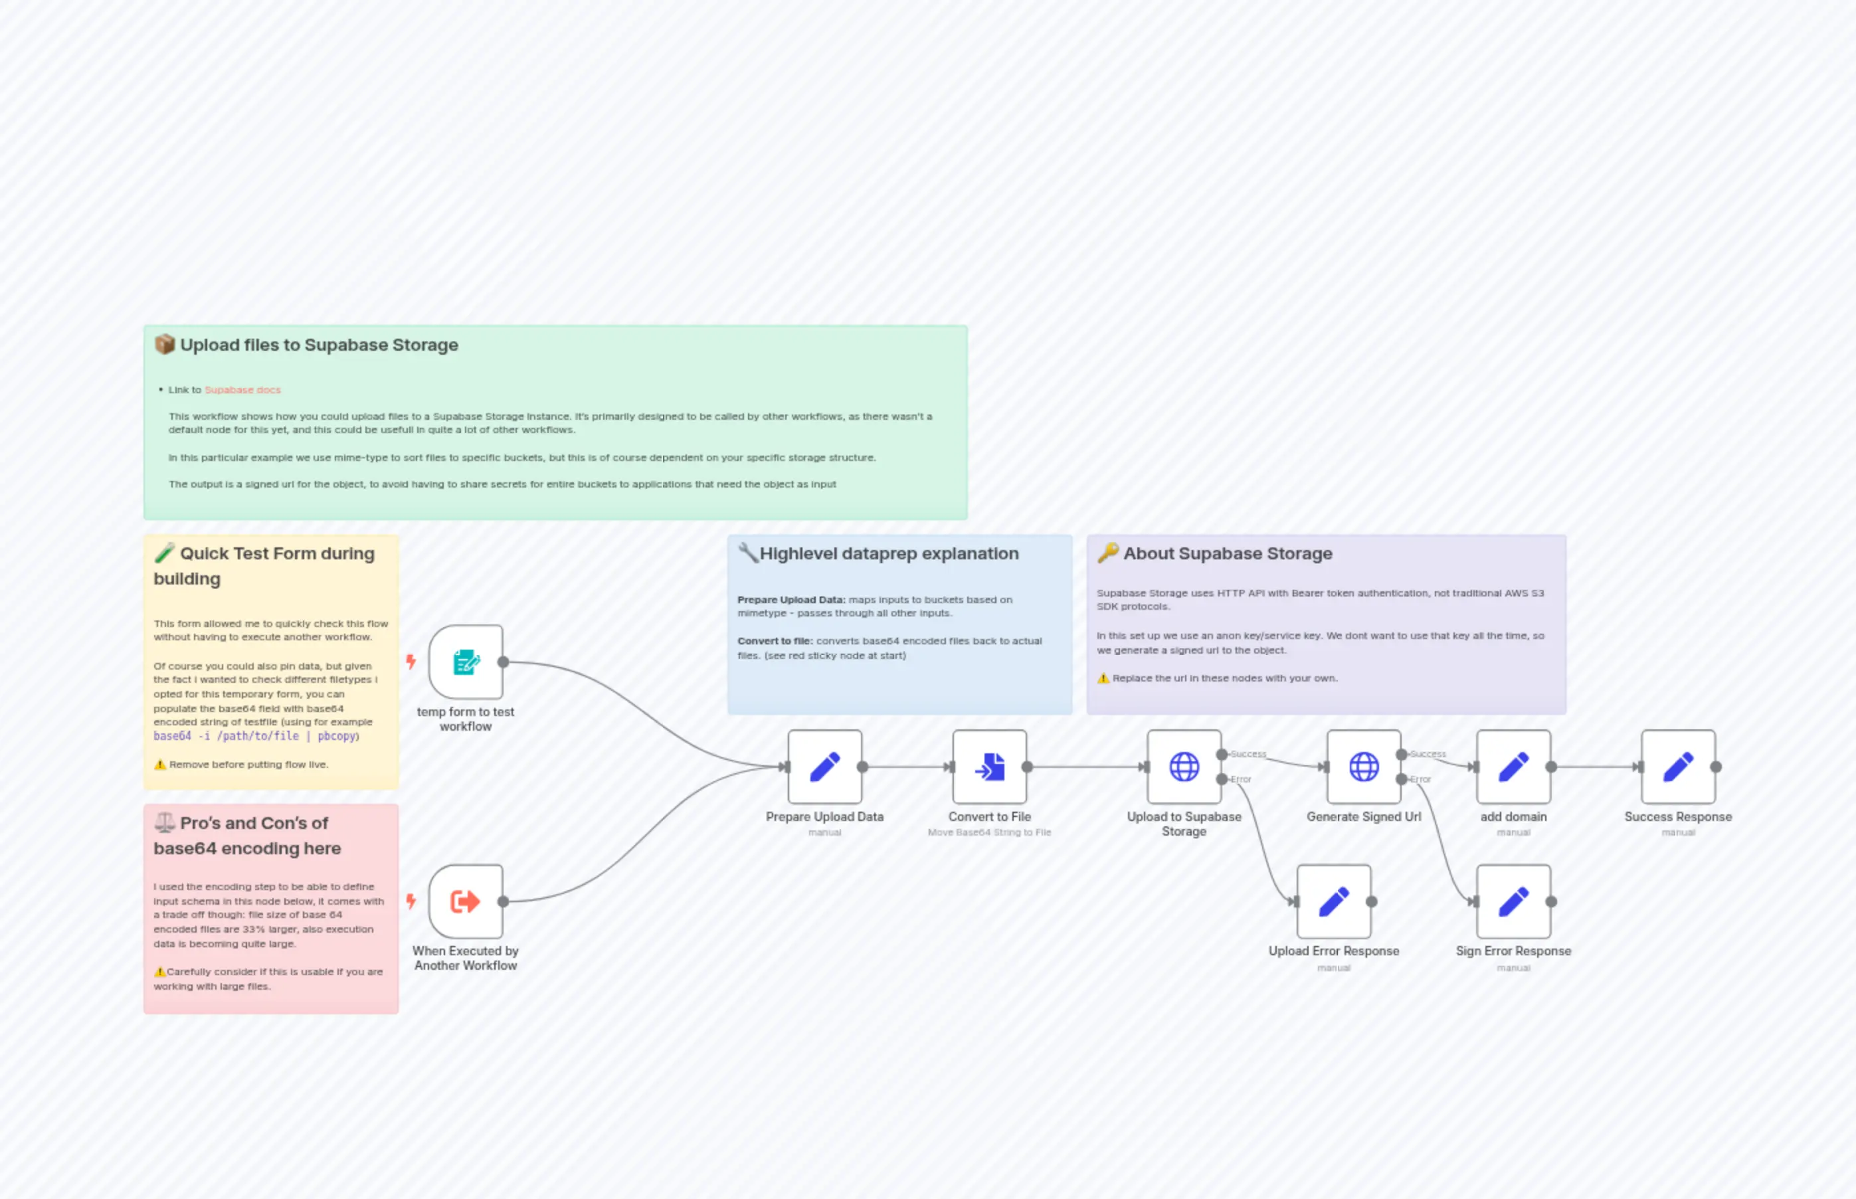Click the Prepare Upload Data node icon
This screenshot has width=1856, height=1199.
[824, 767]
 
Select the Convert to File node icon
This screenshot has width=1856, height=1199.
[990, 767]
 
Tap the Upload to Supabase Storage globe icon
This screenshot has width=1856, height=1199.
[1184, 767]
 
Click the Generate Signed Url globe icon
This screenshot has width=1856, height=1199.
[1364, 767]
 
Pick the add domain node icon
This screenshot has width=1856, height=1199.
[1513, 767]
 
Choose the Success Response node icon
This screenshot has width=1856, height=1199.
[1678, 767]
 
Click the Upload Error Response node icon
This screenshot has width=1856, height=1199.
[1334, 901]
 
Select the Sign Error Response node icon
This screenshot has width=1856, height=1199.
[1513, 901]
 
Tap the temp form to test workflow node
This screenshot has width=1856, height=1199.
[466, 662]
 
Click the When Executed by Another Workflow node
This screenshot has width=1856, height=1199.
[466, 901]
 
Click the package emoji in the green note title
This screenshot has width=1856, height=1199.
[164, 344]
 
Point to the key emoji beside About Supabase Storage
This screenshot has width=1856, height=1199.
[1108, 553]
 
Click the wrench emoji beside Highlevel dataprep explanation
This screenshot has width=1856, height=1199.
[747, 553]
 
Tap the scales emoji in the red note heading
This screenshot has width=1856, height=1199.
[164, 822]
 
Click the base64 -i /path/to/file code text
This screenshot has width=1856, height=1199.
[226, 737]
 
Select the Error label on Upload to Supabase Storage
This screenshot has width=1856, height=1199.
[1241, 779]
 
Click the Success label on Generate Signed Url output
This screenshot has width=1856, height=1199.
[1428, 755]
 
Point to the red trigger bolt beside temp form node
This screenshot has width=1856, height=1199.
[411, 662]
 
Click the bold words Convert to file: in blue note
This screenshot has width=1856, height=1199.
[775, 642]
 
